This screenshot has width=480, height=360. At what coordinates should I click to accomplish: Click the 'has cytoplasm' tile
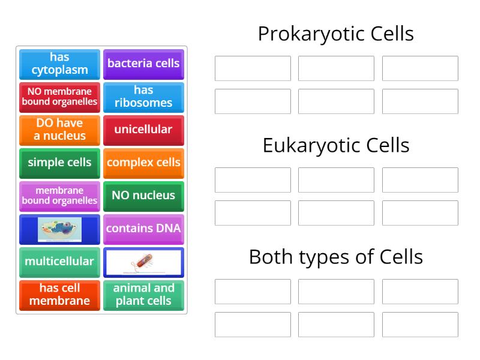pos(59,64)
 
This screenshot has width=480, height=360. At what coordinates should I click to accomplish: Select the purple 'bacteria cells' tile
pos(143,64)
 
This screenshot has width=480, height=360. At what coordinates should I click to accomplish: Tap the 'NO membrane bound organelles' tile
pos(59,97)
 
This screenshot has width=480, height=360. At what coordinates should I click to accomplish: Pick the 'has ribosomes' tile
pos(143,97)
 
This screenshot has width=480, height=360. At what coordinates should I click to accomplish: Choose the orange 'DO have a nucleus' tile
pos(59,130)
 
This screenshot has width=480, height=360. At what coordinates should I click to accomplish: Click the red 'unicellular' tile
pos(143,130)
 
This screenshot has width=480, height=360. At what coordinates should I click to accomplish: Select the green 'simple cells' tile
pos(59,163)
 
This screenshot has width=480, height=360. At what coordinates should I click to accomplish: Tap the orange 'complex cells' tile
pos(143,163)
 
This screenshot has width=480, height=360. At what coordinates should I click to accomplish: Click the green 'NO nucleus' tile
pos(143,196)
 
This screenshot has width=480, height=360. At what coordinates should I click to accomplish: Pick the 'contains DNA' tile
pos(143,229)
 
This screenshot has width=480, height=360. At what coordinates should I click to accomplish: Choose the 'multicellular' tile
pos(59,262)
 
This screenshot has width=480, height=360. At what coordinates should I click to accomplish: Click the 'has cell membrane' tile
pos(59,295)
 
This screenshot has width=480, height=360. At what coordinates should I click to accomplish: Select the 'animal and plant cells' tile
pos(143,295)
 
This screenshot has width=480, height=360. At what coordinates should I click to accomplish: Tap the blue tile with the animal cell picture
pos(59,229)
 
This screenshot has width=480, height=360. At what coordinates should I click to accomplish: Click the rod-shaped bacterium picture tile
pos(143,262)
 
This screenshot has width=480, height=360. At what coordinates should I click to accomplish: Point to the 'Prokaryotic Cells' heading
pos(335,34)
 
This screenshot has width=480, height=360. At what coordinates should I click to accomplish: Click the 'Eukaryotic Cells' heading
pos(335,145)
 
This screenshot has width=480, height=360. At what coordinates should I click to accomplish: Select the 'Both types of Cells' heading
pos(335,257)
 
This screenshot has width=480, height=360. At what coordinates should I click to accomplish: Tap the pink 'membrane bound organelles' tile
pos(59,196)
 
